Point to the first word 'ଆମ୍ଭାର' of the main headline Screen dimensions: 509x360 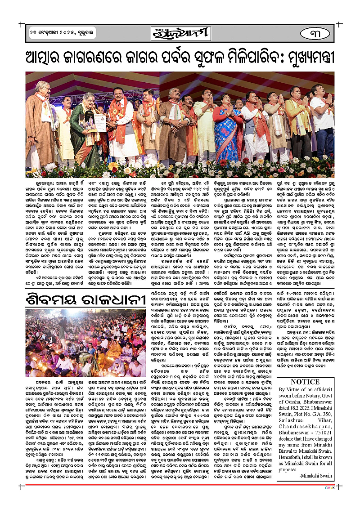coord(54,58)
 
